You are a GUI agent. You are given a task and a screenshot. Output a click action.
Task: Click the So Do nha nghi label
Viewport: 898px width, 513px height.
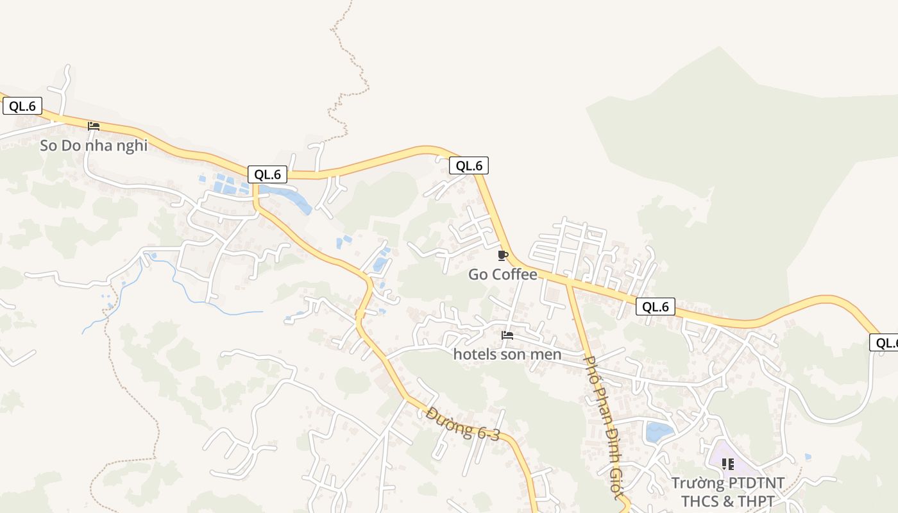[x=94, y=146]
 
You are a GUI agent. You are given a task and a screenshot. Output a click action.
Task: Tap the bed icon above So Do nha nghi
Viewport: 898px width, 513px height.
[x=94, y=126]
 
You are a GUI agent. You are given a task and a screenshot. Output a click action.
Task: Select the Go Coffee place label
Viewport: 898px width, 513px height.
[x=503, y=274]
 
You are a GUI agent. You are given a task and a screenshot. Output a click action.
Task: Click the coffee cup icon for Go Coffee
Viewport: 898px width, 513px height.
[x=503, y=256]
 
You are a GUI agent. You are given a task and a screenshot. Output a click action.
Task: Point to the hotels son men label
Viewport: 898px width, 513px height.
[x=507, y=354]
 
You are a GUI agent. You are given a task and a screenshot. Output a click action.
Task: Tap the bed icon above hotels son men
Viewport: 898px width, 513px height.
[x=507, y=335]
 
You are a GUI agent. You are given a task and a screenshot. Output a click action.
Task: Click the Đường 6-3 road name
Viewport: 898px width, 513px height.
[x=462, y=424]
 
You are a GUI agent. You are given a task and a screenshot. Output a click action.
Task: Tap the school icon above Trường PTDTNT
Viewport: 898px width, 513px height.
[x=727, y=464]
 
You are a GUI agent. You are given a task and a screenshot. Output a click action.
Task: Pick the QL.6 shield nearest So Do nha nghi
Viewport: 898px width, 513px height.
[x=22, y=106]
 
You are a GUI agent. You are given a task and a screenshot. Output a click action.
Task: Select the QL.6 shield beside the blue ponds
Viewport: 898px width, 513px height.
[x=267, y=174]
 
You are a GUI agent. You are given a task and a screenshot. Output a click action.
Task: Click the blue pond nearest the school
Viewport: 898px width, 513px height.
[x=659, y=432]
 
